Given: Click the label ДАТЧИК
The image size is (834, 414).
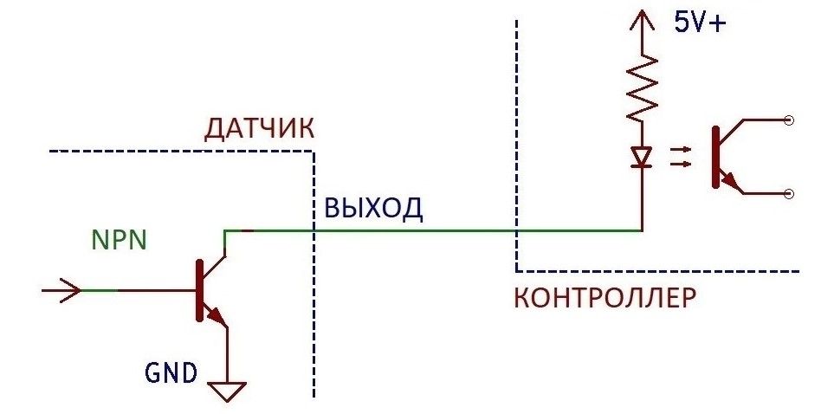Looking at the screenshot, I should (258, 130).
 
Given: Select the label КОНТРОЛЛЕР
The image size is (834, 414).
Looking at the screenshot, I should (604, 299).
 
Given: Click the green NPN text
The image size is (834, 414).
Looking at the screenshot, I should (119, 239).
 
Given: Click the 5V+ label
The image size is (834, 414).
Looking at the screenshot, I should (701, 23).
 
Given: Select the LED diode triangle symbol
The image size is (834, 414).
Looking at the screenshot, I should (641, 158).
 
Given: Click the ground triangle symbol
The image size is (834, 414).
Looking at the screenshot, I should (228, 391).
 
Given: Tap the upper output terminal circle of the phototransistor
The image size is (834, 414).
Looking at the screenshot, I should (788, 122).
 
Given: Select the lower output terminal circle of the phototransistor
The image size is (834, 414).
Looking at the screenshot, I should (788, 195).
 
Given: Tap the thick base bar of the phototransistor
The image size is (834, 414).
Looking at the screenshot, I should (715, 157).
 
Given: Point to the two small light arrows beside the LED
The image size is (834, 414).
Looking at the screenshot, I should (682, 156).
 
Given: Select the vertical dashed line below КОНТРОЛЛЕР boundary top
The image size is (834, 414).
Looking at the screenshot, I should (516, 139).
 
